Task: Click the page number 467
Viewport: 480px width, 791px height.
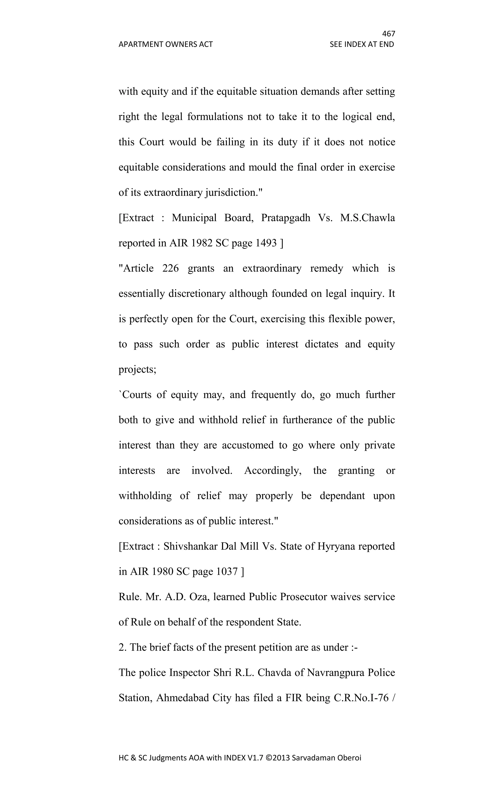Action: point(389,34)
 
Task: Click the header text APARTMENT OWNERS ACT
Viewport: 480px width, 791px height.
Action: point(165,44)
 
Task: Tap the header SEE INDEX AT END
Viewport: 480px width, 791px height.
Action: point(362,44)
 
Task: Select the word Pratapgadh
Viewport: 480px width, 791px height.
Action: point(285,218)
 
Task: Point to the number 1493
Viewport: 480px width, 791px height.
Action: point(266,243)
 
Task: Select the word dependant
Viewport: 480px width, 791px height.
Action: point(342,496)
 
